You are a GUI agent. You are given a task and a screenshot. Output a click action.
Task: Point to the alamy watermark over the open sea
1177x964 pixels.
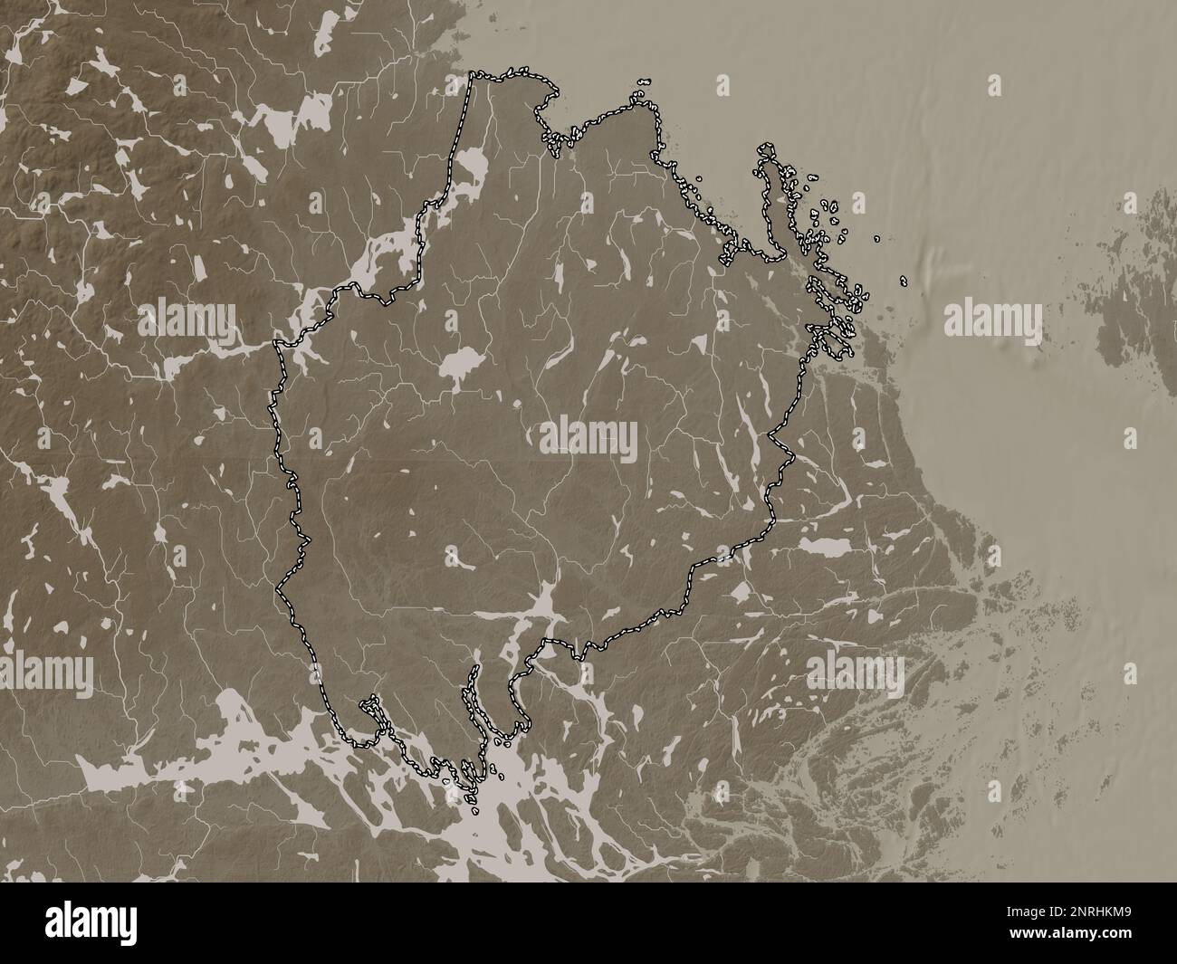coord(993,320)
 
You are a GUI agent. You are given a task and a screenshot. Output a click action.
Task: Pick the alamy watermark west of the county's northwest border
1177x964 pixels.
coord(187,320)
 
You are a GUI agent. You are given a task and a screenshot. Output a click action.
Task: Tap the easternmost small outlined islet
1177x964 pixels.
coord(904,280)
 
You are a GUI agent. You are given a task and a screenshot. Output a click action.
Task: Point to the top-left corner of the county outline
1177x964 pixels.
coord(473,76)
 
